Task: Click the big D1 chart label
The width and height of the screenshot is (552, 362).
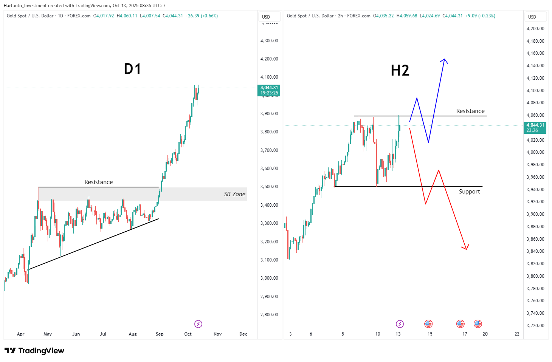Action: (132, 69)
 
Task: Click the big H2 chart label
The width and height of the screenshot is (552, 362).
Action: (400, 71)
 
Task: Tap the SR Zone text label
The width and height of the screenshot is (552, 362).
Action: (234, 194)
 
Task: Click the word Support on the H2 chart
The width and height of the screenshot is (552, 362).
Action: (469, 192)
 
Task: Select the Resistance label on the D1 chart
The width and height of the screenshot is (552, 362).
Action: (98, 182)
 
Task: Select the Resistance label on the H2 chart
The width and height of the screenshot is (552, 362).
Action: (470, 111)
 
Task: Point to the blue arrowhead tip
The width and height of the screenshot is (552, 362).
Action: (445, 59)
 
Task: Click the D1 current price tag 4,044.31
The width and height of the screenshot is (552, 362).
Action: (269, 90)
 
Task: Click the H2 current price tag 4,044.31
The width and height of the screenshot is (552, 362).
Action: (535, 127)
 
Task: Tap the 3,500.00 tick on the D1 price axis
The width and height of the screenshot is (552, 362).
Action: (269, 187)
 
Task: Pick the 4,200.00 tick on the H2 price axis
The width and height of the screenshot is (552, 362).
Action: (535, 29)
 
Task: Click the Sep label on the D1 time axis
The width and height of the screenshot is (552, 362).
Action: (160, 334)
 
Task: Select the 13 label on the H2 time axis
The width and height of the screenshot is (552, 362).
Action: (398, 334)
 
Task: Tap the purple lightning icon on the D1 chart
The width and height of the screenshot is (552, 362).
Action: (198, 324)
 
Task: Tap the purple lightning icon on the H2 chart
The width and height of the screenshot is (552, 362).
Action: (400, 324)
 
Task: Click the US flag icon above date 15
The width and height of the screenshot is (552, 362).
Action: (428, 323)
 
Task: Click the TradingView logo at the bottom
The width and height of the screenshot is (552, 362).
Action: (34, 351)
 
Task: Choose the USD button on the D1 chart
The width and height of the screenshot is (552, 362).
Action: (266, 17)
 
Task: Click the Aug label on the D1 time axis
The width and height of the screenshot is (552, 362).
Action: (133, 334)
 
